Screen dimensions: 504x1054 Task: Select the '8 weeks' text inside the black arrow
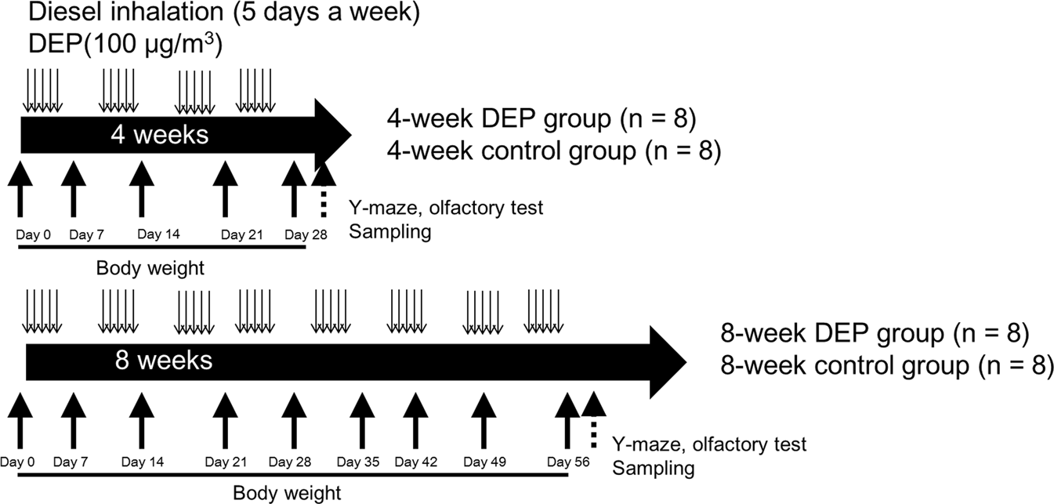pyautogui.click(x=164, y=361)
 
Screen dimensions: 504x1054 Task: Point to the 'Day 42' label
pyautogui.click(x=416, y=462)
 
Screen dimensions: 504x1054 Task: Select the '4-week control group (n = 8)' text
pyautogui.click(x=553, y=151)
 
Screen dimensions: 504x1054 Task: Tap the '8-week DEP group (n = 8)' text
pyautogui.click(x=875, y=333)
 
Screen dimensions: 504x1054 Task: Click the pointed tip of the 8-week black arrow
pyautogui.click(x=682, y=362)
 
